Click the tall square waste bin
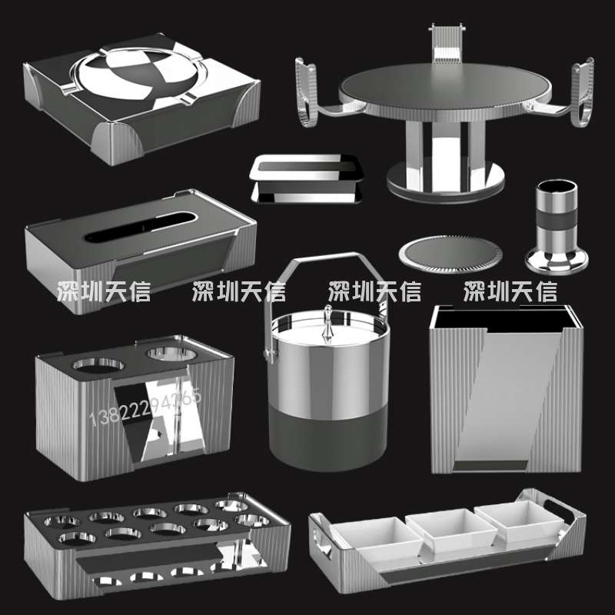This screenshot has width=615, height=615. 504,388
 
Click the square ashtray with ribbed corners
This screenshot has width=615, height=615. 138,96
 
